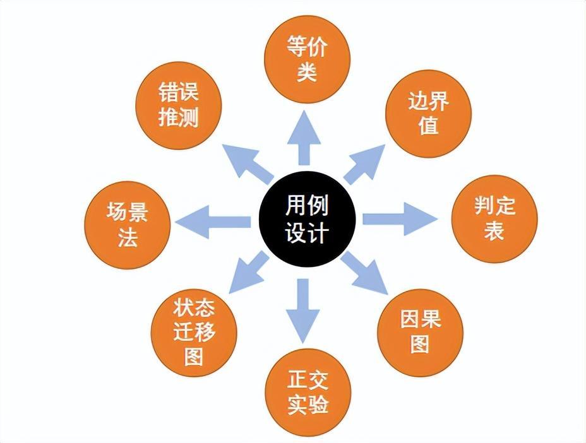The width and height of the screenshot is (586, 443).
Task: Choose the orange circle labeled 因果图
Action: pos(420,332)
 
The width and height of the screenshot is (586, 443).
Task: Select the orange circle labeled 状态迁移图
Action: pos(194,332)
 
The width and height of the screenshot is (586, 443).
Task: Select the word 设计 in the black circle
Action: pos(307,232)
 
